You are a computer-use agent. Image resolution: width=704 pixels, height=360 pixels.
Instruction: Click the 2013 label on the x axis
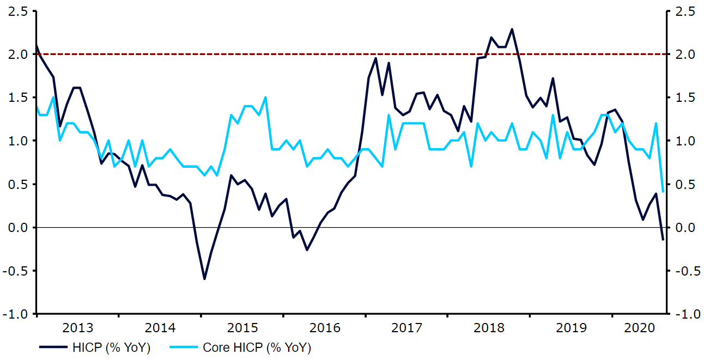coord(78,328)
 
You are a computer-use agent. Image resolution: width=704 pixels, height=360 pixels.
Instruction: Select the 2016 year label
coord(325,328)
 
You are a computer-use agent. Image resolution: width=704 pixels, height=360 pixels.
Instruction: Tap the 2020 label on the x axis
coord(639,328)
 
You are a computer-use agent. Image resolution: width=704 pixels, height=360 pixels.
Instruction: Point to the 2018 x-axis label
coord(489,328)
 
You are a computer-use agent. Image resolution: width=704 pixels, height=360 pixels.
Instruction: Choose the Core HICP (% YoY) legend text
coord(257,347)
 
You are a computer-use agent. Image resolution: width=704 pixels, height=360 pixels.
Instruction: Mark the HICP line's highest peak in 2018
coord(512,29)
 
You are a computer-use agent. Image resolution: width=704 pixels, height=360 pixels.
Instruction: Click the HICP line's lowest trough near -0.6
coord(204,279)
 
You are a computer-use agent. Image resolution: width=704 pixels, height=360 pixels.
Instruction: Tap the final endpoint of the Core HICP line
coord(663,192)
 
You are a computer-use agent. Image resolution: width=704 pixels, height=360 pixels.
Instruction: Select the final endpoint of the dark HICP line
coord(663,240)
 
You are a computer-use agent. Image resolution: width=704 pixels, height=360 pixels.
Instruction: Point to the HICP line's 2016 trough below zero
coord(307,250)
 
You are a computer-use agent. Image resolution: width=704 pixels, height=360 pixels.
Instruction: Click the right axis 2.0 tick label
coord(685,54)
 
